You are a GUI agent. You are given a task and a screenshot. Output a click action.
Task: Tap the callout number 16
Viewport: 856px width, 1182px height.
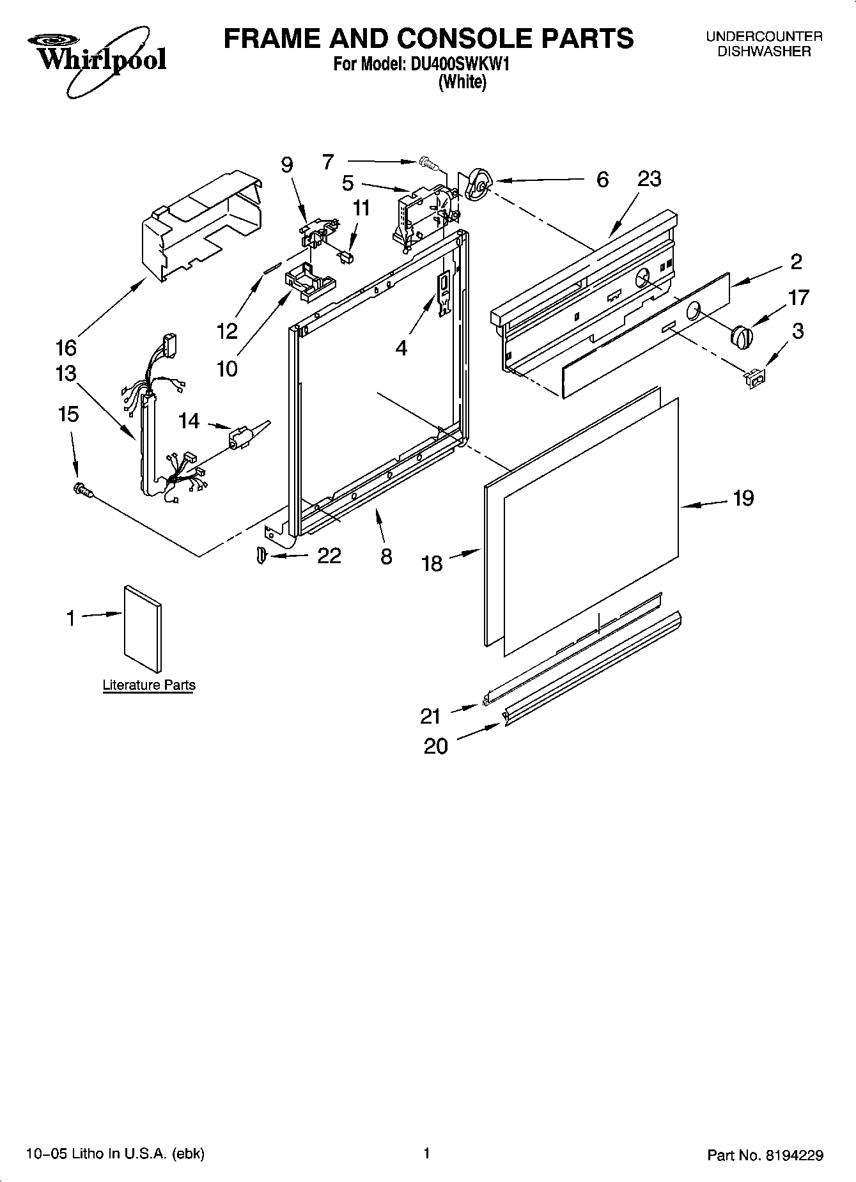pyautogui.click(x=66, y=348)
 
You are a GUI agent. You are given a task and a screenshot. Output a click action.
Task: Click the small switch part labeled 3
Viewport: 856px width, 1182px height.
pyautogui.click(x=754, y=379)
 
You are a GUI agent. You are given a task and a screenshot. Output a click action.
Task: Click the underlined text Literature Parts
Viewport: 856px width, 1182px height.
pyautogui.click(x=149, y=685)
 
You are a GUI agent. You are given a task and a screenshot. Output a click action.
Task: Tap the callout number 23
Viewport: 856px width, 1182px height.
pyautogui.click(x=649, y=179)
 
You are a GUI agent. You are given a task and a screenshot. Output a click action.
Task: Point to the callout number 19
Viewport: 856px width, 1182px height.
pyautogui.click(x=743, y=497)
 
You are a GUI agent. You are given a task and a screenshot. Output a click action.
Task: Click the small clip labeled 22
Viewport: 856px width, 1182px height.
pyautogui.click(x=260, y=555)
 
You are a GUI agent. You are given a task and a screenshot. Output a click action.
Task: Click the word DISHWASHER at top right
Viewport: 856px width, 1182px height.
pyautogui.click(x=763, y=52)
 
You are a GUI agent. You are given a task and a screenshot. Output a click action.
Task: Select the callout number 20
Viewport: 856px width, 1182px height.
pyautogui.click(x=436, y=745)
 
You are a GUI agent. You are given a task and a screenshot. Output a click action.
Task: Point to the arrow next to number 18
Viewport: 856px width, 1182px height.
pyautogui.click(x=463, y=554)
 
